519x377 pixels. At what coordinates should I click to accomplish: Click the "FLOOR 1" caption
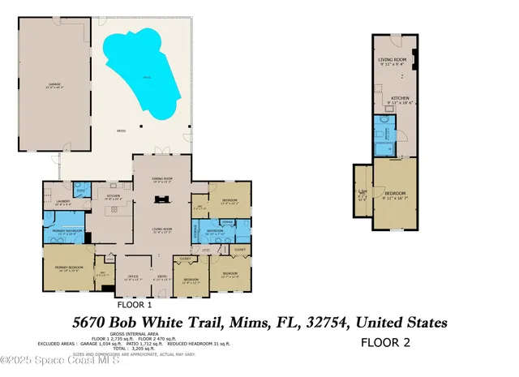(135, 306)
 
